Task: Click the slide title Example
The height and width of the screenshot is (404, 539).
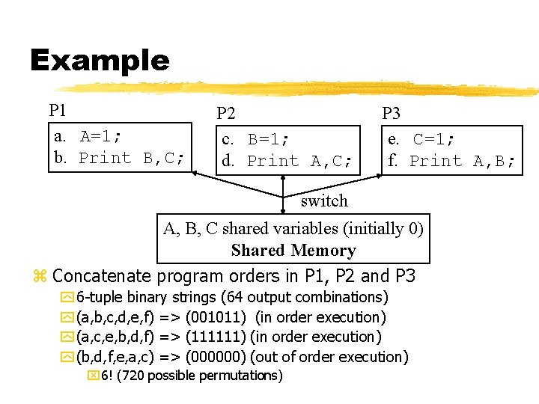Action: point(100,61)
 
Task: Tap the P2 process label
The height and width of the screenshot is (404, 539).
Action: point(226,114)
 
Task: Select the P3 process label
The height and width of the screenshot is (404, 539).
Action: point(391,114)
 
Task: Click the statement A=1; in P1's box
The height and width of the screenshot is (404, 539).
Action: point(100,137)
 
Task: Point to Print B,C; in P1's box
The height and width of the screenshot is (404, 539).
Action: point(132,158)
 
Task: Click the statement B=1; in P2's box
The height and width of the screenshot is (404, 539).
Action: point(268,140)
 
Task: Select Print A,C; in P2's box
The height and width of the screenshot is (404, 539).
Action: point(299,161)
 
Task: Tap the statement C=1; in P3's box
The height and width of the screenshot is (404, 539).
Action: point(434,140)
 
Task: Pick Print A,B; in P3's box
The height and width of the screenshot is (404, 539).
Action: point(462,161)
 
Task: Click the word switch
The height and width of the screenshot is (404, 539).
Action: point(324,201)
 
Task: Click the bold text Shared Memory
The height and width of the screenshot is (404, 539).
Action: point(293,251)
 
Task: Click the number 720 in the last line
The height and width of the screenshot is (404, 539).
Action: point(132,376)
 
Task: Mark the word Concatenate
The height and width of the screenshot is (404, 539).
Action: point(101,276)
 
